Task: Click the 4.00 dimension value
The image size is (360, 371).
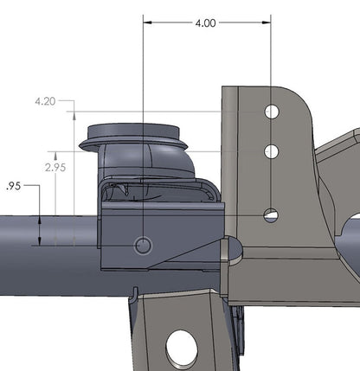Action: [x=206, y=23]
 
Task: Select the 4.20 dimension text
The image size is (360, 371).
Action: [x=45, y=101]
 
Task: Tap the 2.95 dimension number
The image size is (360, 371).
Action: [x=55, y=167]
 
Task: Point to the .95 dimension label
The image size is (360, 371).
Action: [x=13, y=185]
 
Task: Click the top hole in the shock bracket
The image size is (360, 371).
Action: [x=272, y=112]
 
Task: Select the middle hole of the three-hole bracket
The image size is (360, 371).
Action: [x=272, y=151]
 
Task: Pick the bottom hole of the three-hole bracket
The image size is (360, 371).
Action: [x=272, y=214]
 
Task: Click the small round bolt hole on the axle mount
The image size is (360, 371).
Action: [x=144, y=246]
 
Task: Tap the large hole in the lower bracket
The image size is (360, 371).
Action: [x=183, y=348]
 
